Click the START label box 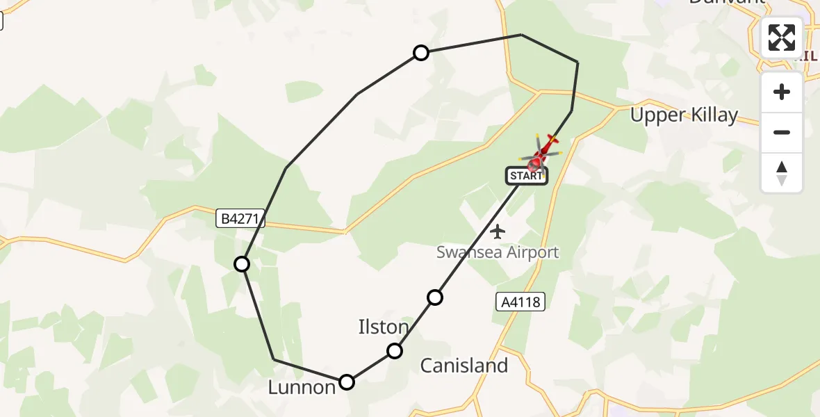click(x=526, y=176)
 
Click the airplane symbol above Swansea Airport click(x=498, y=231)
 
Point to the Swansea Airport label click(x=498, y=252)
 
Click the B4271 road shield click(x=240, y=219)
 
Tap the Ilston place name click(x=383, y=326)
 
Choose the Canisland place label click(x=464, y=366)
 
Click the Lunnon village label click(x=302, y=387)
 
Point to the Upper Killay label click(x=684, y=115)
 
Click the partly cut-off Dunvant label click(x=727, y=3)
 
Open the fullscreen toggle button click(x=782, y=38)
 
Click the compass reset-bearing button click(x=782, y=172)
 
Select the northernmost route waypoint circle click(x=420, y=53)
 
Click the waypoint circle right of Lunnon click(x=347, y=382)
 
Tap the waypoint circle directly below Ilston click(x=395, y=351)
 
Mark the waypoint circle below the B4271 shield click(x=242, y=264)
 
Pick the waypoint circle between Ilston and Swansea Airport click(x=435, y=297)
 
